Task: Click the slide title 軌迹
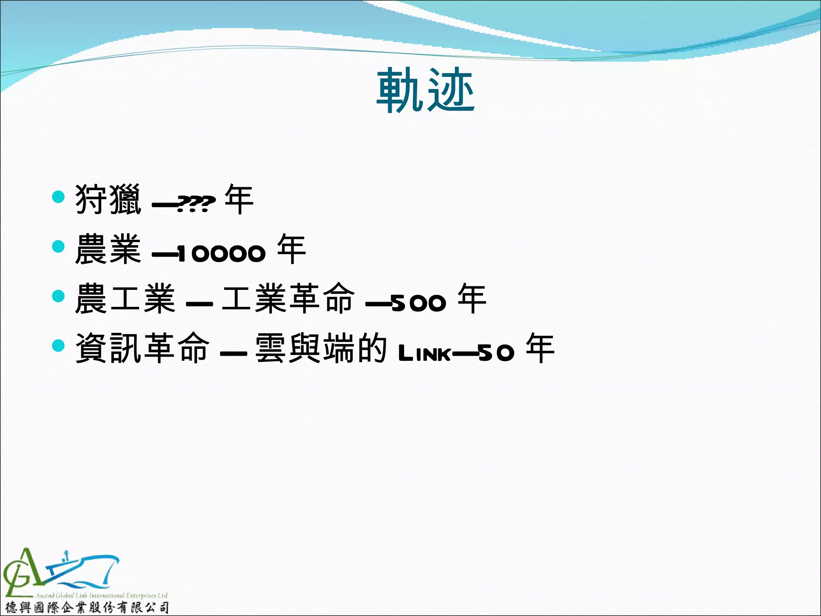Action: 426,90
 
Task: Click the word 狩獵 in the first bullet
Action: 108,199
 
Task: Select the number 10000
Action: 221,253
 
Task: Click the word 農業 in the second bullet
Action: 108,249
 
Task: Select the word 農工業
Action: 125,298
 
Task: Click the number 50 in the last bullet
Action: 496,353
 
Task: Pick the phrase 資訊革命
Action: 142,348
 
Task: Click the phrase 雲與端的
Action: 321,348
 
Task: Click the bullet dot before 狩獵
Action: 59,197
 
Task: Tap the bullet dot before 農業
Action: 59,246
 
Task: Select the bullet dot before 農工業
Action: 59,296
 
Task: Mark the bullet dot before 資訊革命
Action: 59,345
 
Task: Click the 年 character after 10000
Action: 291,249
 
